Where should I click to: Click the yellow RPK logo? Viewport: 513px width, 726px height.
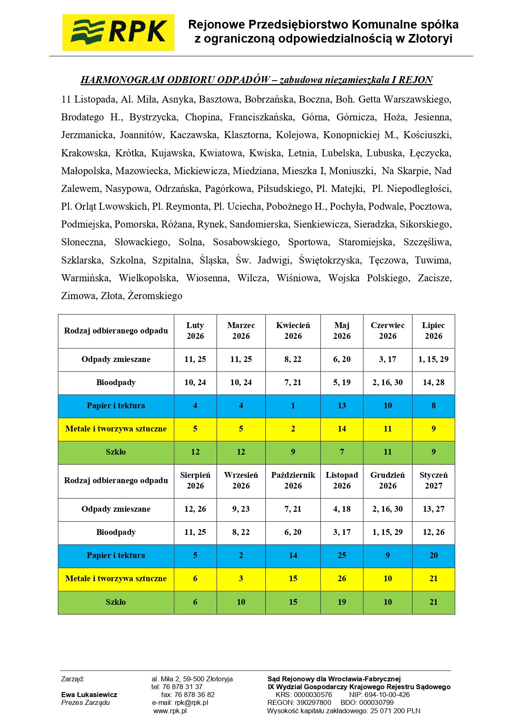point(118,32)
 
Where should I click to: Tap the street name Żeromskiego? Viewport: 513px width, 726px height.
point(155,296)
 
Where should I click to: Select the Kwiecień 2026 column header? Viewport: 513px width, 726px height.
point(293,331)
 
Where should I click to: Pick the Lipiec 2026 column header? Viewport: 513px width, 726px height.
point(433,331)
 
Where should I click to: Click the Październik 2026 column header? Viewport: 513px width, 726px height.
point(293,481)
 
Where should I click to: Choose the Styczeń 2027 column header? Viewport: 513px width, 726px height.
point(433,481)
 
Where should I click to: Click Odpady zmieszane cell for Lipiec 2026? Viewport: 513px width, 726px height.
point(433,359)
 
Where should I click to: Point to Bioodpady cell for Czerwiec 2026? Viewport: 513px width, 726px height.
point(387,383)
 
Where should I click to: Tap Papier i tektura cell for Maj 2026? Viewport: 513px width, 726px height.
point(342,406)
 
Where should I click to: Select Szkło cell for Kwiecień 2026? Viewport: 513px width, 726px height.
point(293,452)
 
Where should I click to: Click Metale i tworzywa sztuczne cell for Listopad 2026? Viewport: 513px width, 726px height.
point(342,579)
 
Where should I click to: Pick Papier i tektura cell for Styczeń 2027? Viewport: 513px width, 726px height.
point(433,556)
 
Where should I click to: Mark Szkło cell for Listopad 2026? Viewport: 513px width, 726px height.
point(342,602)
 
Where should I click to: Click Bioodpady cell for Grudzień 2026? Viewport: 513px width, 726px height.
point(387,532)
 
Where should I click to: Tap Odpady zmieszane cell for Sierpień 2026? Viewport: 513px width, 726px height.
point(195,509)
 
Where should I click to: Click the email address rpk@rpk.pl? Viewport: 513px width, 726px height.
point(191,702)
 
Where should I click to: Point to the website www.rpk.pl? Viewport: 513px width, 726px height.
point(170,711)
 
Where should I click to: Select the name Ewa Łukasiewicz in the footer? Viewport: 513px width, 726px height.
point(89,695)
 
